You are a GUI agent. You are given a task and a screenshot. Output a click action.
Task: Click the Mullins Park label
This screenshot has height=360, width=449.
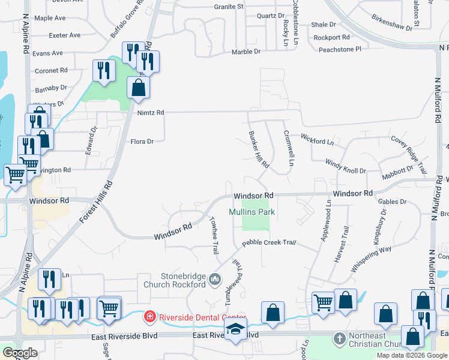tap(252, 212)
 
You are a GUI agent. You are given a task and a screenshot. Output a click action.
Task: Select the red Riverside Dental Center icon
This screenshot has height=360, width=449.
tap(148, 316)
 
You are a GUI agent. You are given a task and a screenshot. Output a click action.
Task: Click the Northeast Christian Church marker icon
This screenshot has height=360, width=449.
tap(339, 338)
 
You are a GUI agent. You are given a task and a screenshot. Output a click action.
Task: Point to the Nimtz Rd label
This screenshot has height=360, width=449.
tap(151, 112)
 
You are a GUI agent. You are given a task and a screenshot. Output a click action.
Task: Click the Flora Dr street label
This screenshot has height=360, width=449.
tap(142, 142)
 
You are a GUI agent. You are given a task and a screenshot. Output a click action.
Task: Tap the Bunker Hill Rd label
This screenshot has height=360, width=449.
tap(259, 149)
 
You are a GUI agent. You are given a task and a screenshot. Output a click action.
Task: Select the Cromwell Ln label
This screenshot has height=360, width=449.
tap(289, 148)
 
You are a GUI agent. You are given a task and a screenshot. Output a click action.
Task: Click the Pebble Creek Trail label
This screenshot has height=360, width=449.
tap(270, 243)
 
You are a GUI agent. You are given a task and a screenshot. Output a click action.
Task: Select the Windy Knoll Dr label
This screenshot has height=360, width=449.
tap(345, 166)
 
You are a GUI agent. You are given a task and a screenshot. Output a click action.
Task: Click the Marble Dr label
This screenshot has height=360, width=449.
tap(246, 52)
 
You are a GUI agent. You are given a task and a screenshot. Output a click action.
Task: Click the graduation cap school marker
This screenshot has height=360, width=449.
tap(235, 329)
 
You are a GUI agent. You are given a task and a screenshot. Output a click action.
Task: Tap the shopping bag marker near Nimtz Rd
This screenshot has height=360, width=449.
tap(139, 88)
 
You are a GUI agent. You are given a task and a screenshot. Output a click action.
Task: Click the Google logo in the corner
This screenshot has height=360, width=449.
tap(20, 353)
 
